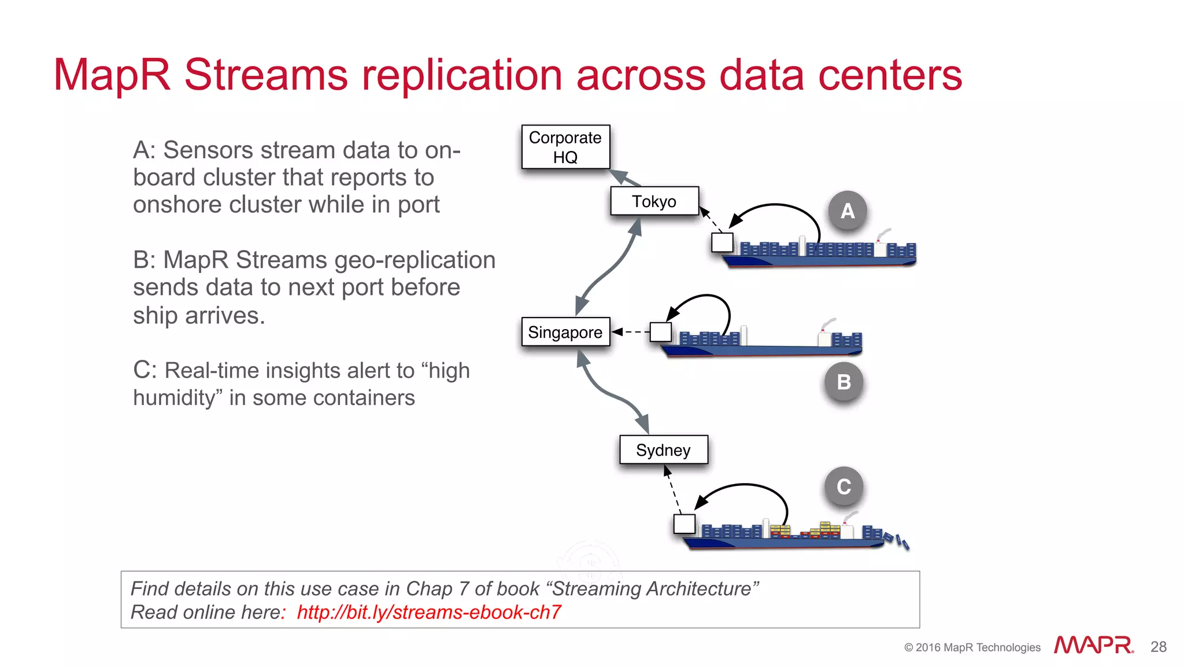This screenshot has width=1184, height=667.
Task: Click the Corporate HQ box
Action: (565, 147)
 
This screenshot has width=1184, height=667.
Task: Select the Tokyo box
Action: (654, 201)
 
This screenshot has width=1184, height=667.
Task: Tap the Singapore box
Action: (565, 332)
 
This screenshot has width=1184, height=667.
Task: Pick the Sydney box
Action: (663, 450)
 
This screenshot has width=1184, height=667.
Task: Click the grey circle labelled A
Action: (847, 211)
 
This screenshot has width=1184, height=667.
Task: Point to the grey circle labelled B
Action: (843, 382)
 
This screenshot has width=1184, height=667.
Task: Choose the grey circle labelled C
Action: (843, 487)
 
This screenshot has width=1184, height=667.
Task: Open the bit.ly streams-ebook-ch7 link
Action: (429, 612)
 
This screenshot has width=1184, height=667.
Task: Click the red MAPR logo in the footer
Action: (1093, 645)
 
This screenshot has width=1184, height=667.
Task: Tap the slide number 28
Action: (1159, 647)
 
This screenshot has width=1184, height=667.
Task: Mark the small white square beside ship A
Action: (722, 242)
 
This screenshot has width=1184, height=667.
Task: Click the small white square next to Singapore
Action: (661, 332)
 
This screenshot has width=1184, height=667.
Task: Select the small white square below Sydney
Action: (684, 524)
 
